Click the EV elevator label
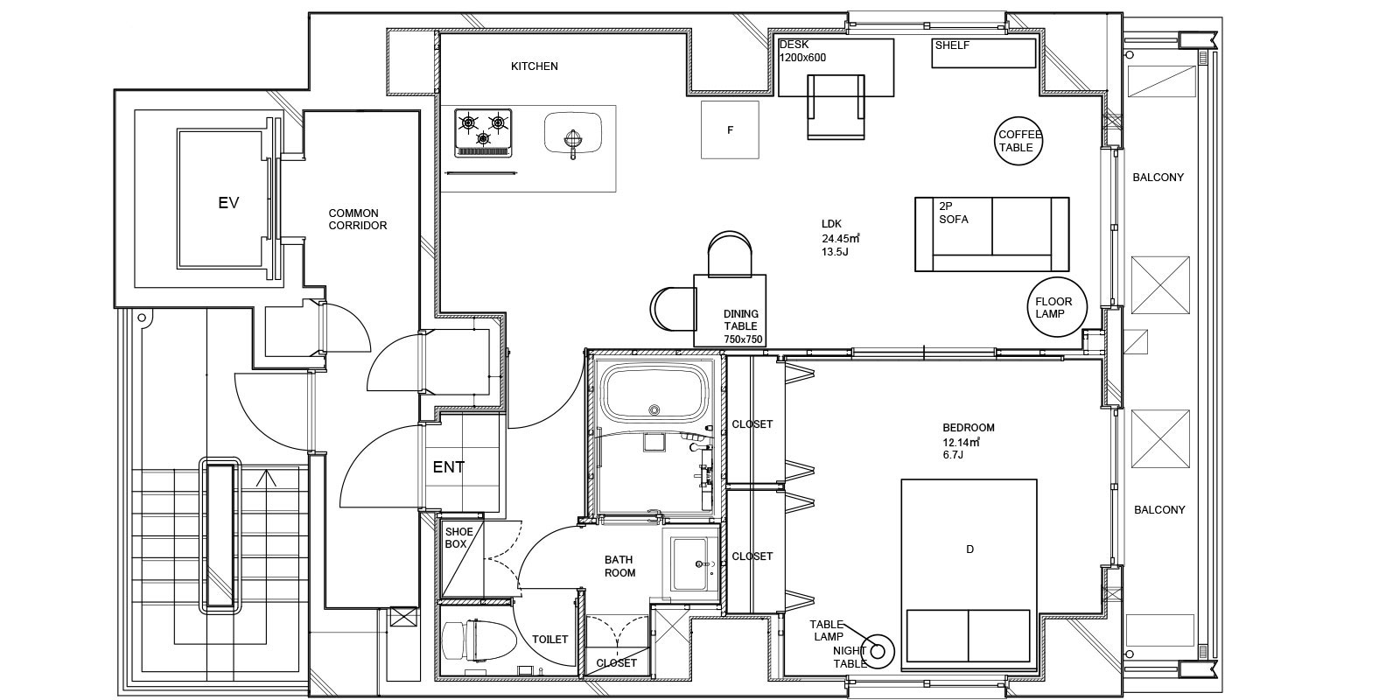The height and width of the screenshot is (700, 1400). (x=228, y=203)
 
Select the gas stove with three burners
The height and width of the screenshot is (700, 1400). (x=483, y=132)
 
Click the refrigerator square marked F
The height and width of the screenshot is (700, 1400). (x=730, y=130)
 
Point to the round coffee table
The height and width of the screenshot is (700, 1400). (x=1020, y=140)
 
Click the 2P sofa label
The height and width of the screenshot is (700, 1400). (x=954, y=213)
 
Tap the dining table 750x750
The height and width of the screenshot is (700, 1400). (x=730, y=311)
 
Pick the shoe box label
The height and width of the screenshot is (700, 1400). (x=458, y=537)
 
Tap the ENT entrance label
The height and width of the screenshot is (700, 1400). (x=449, y=467)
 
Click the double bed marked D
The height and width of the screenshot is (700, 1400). (x=969, y=570)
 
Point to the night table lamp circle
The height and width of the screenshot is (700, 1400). (x=878, y=650)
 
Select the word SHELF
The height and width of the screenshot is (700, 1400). (x=952, y=45)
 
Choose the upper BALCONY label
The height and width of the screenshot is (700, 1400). (x=1158, y=177)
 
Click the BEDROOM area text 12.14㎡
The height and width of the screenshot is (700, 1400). (x=961, y=442)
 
